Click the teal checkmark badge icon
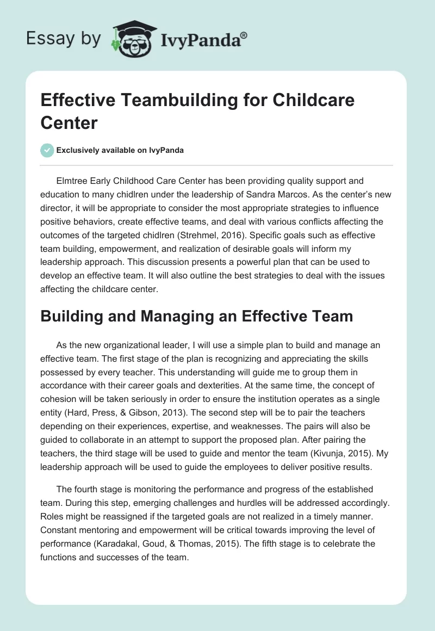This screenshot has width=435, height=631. click(47, 150)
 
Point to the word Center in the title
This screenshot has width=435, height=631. click(69, 122)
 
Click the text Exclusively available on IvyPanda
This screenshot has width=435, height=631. click(121, 150)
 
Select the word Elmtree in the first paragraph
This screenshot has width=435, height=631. click(73, 180)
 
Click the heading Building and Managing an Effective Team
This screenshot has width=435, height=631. click(197, 317)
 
